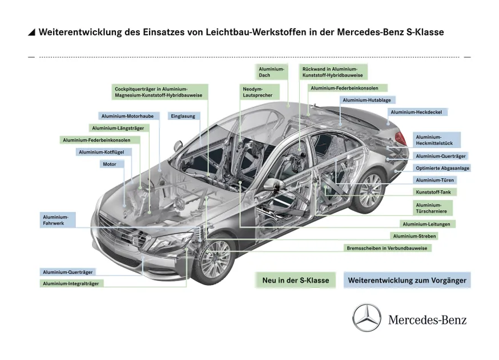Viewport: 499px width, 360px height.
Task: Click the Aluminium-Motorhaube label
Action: (129, 116)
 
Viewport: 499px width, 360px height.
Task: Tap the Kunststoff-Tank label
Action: (433, 192)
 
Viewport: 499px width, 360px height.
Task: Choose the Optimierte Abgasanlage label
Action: (442, 168)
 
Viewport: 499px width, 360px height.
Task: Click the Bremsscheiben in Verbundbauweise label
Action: (387, 248)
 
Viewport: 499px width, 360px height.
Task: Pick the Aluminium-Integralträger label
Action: (71, 283)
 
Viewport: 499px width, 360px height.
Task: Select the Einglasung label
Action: (183, 116)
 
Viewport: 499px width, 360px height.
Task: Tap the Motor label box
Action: (110, 164)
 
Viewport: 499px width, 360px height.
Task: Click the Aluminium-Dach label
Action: (271, 72)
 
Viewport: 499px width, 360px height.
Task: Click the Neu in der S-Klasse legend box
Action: (295, 281)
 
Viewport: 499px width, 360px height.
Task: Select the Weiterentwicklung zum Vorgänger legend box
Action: (407, 281)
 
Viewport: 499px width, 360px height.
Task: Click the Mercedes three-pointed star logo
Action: (367, 318)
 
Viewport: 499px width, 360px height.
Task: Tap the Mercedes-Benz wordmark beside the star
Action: (427, 319)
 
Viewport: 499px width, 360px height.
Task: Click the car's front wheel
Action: (215, 258)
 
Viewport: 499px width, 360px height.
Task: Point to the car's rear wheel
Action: (369, 191)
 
